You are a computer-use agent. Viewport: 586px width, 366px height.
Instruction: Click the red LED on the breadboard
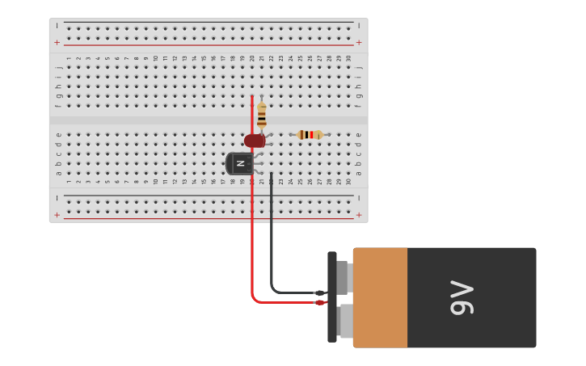coord(255,141)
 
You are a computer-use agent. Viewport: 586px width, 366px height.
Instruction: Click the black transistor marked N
coord(239,163)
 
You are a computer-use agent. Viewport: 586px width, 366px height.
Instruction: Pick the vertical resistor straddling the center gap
coord(261,116)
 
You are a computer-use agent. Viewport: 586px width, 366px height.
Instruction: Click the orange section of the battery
coord(380,297)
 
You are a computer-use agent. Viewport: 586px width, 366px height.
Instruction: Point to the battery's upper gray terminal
coord(343,277)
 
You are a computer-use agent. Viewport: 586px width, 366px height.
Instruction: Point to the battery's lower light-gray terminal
coord(345,321)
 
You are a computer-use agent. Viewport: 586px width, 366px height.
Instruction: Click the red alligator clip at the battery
coord(320,303)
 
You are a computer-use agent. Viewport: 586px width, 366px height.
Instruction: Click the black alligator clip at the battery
coord(320,293)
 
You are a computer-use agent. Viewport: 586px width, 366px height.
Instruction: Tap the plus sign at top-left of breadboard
coord(57,42)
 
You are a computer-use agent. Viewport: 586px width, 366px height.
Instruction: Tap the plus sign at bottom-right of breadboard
coord(359,215)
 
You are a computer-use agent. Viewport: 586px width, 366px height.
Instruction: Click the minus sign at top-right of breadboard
coord(359,25)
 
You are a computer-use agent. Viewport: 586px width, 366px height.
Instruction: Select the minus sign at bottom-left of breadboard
coord(57,198)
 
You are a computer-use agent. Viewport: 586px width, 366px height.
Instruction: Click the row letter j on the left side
coord(57,67)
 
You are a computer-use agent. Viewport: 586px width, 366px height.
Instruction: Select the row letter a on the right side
coord(359,173)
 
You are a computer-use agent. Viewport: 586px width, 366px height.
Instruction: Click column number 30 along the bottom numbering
coord(348,182)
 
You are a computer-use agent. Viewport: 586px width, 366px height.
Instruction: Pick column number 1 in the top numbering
coord(68,58)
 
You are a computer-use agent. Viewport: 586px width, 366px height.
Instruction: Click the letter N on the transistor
coord(240,163)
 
